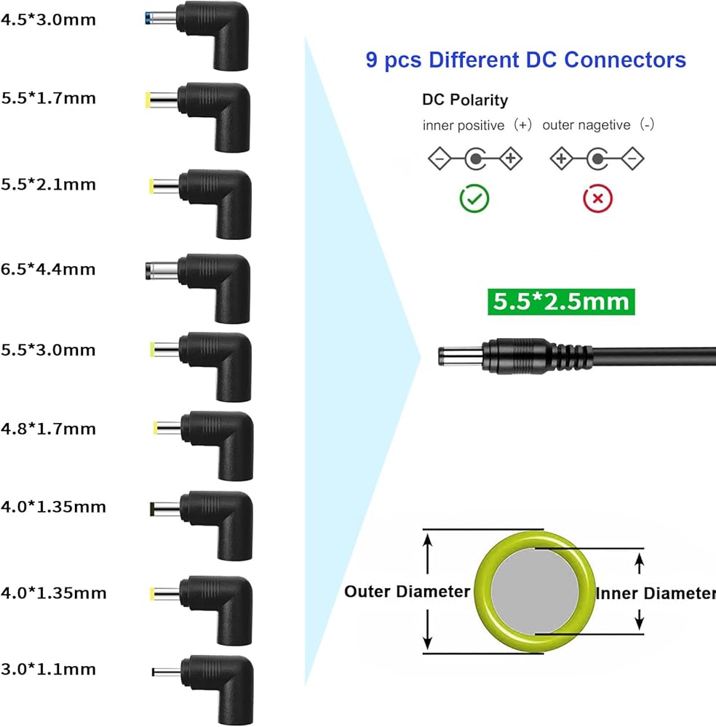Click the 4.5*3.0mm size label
[x=48, y=20]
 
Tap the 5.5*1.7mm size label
[x=48, y=98]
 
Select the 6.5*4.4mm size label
[x=48, y=270]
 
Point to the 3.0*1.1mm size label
[x=48, y=670]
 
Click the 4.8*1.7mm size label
[x=48, y=429]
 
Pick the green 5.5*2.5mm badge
[x=561, y=302]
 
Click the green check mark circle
[x=474, y=199]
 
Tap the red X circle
[x=597, y=199]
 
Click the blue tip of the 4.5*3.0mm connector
[x=148, y=19]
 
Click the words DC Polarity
[x=465, y=100]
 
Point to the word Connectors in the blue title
[x=625, y=60]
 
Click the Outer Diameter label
[x=407, y=592]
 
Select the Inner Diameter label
[x=656, y=593]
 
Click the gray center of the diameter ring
[x=535, y=592]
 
